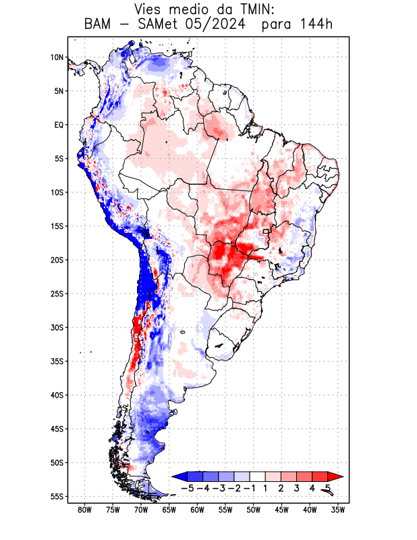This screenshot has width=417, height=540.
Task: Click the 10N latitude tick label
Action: pos(57,57)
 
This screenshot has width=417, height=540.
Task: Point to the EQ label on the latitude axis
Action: pos(59,125)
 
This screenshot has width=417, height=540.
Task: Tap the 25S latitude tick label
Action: pos(57,294)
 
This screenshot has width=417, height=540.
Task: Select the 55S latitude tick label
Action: pos(57,497)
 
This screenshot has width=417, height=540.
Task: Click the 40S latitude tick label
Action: pos(57,395)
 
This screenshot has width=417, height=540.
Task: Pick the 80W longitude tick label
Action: pos(84,510)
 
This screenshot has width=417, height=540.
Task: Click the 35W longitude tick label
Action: pos(339,510)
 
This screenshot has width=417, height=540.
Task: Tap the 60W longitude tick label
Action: pos(198,510)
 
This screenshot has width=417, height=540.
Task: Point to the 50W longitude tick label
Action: pos(254,510)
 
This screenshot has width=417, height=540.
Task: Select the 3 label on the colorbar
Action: pos(297,487)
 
